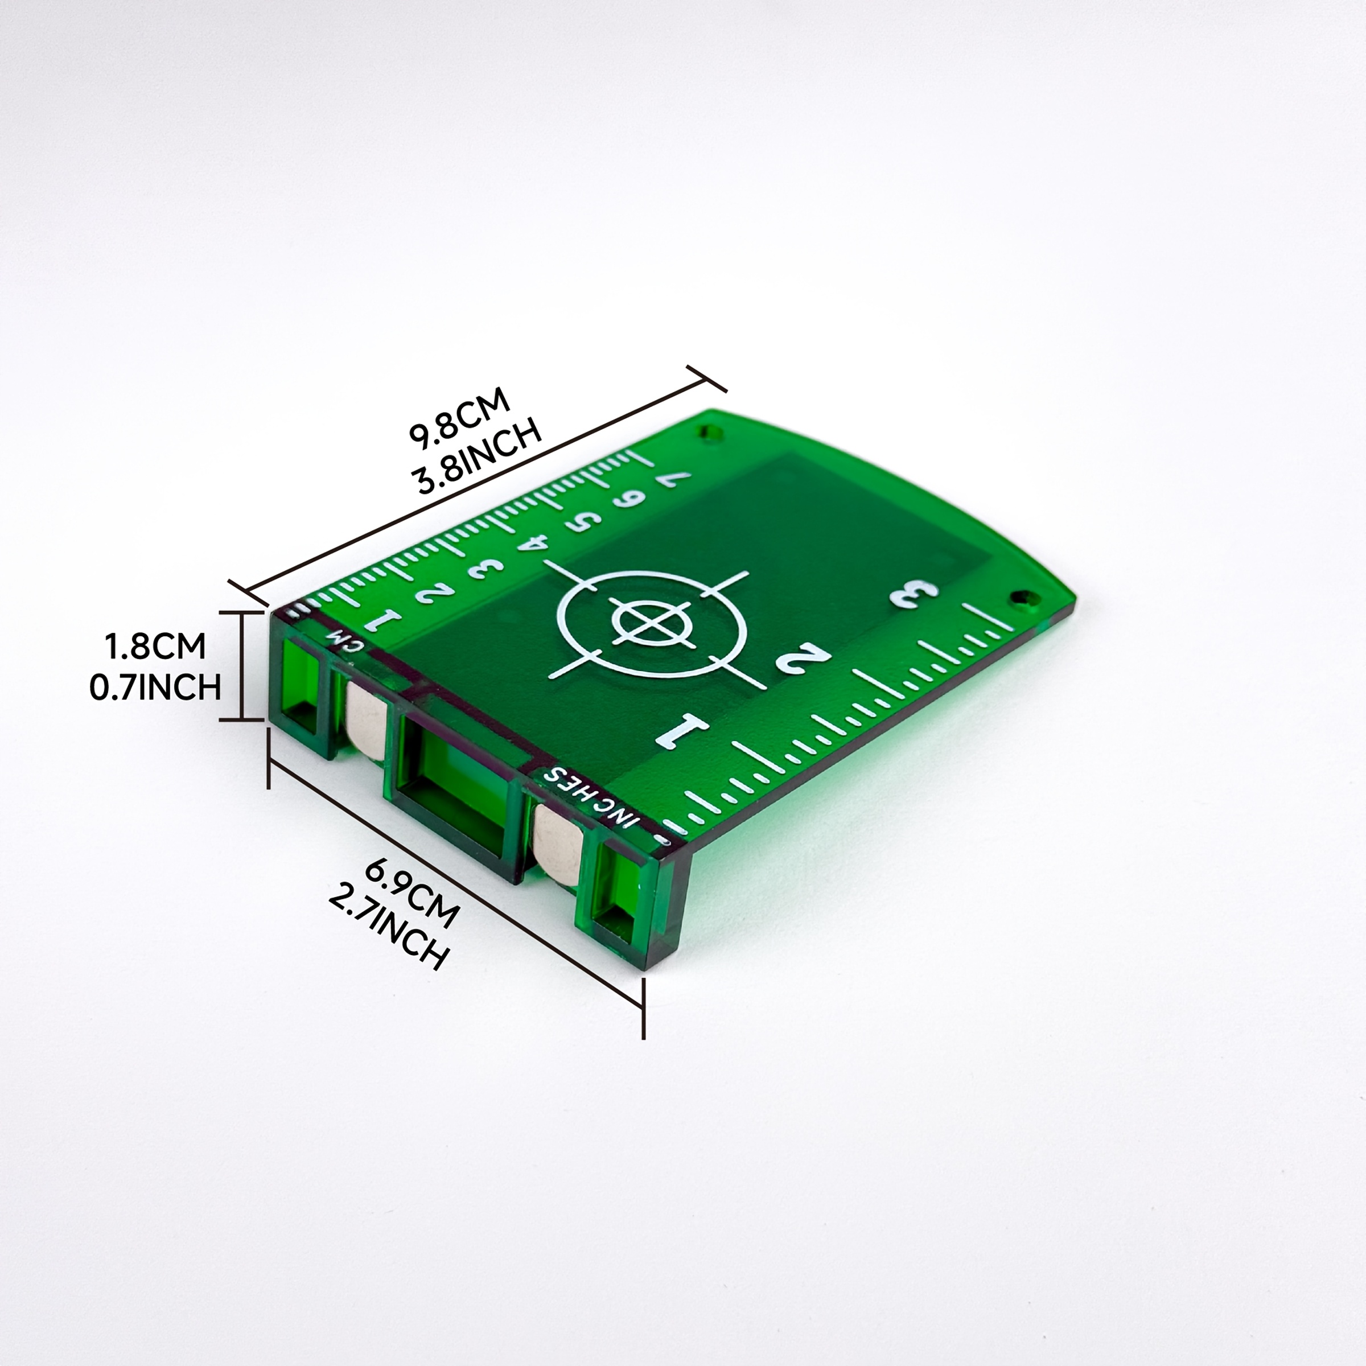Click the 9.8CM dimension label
pyautogui.click(x=459, y=418)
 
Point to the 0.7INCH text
pyautogui.click(x=155, y=686)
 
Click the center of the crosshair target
pyautogui.click(x=651, y=622)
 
